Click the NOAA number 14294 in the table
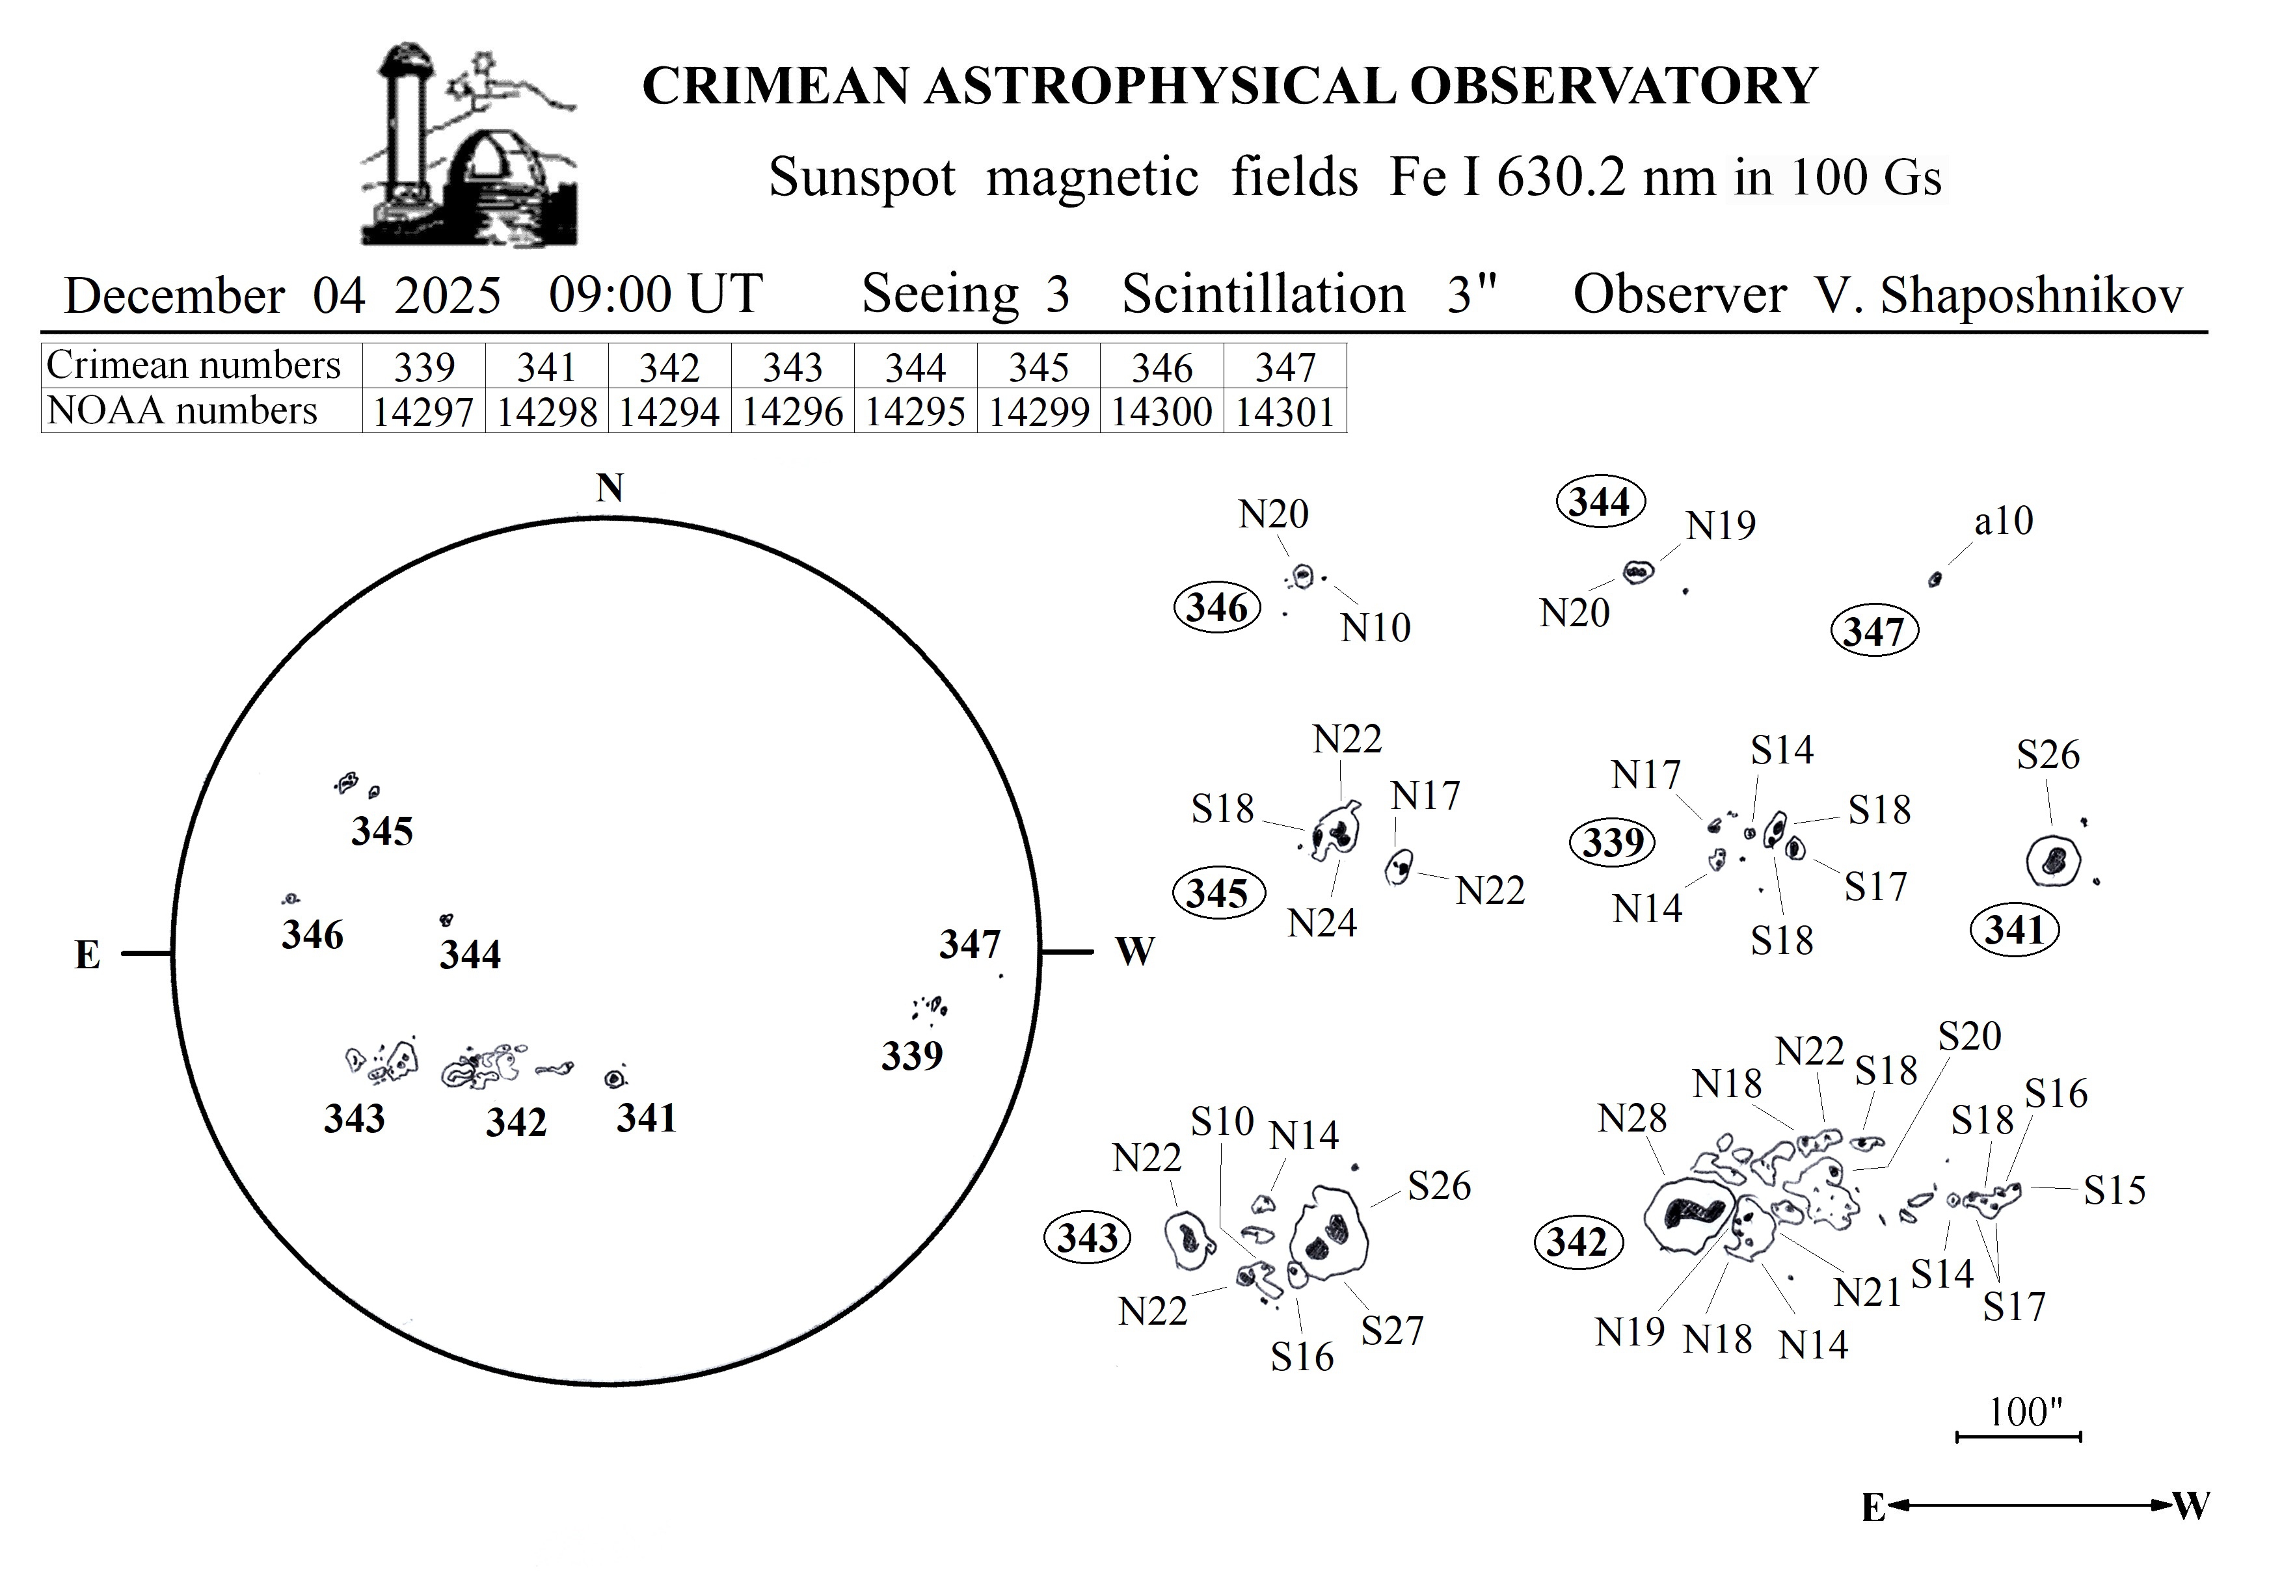pos(669,412)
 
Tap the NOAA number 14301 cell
pos(1284,412)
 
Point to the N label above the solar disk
pos(610,488)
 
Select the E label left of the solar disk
pos(87,955)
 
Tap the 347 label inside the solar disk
pos(969,944)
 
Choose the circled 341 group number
pos(2013,930)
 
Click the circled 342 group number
pos(1577,1242)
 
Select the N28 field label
pos(1631,1119)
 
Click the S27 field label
pos(1391,1331)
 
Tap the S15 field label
pos(2114,1189)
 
